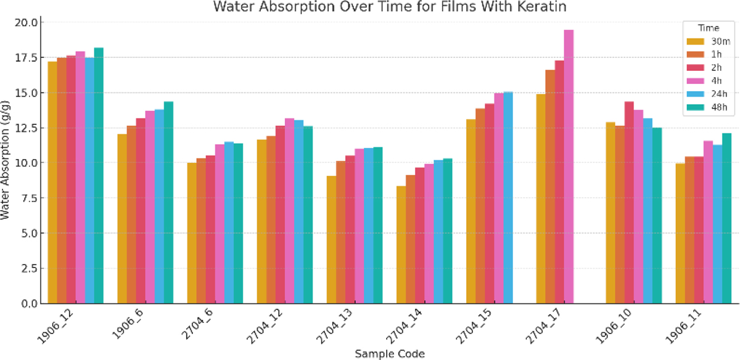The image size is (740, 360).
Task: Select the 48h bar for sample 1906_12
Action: (99, 176)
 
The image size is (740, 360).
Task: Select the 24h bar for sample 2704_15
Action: (508, 197)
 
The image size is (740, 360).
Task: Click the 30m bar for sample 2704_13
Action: (331, 240)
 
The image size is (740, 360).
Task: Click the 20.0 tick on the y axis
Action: (28, 23)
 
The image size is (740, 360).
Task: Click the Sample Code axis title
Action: (390, 353)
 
